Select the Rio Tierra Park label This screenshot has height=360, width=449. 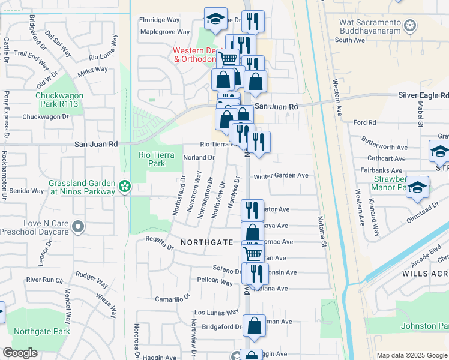coord(157,159)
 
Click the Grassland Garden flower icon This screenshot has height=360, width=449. coord(124,187)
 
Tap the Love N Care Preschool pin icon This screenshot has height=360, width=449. coord(77,227)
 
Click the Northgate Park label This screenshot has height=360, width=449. coord(42,331)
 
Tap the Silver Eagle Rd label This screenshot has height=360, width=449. coord(423,95)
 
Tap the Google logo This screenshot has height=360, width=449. coord(20,353)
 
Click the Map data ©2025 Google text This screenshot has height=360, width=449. coord(411,355)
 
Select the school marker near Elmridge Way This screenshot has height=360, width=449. coord(215,19)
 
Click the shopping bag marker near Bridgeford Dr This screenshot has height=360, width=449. coord(255,326)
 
